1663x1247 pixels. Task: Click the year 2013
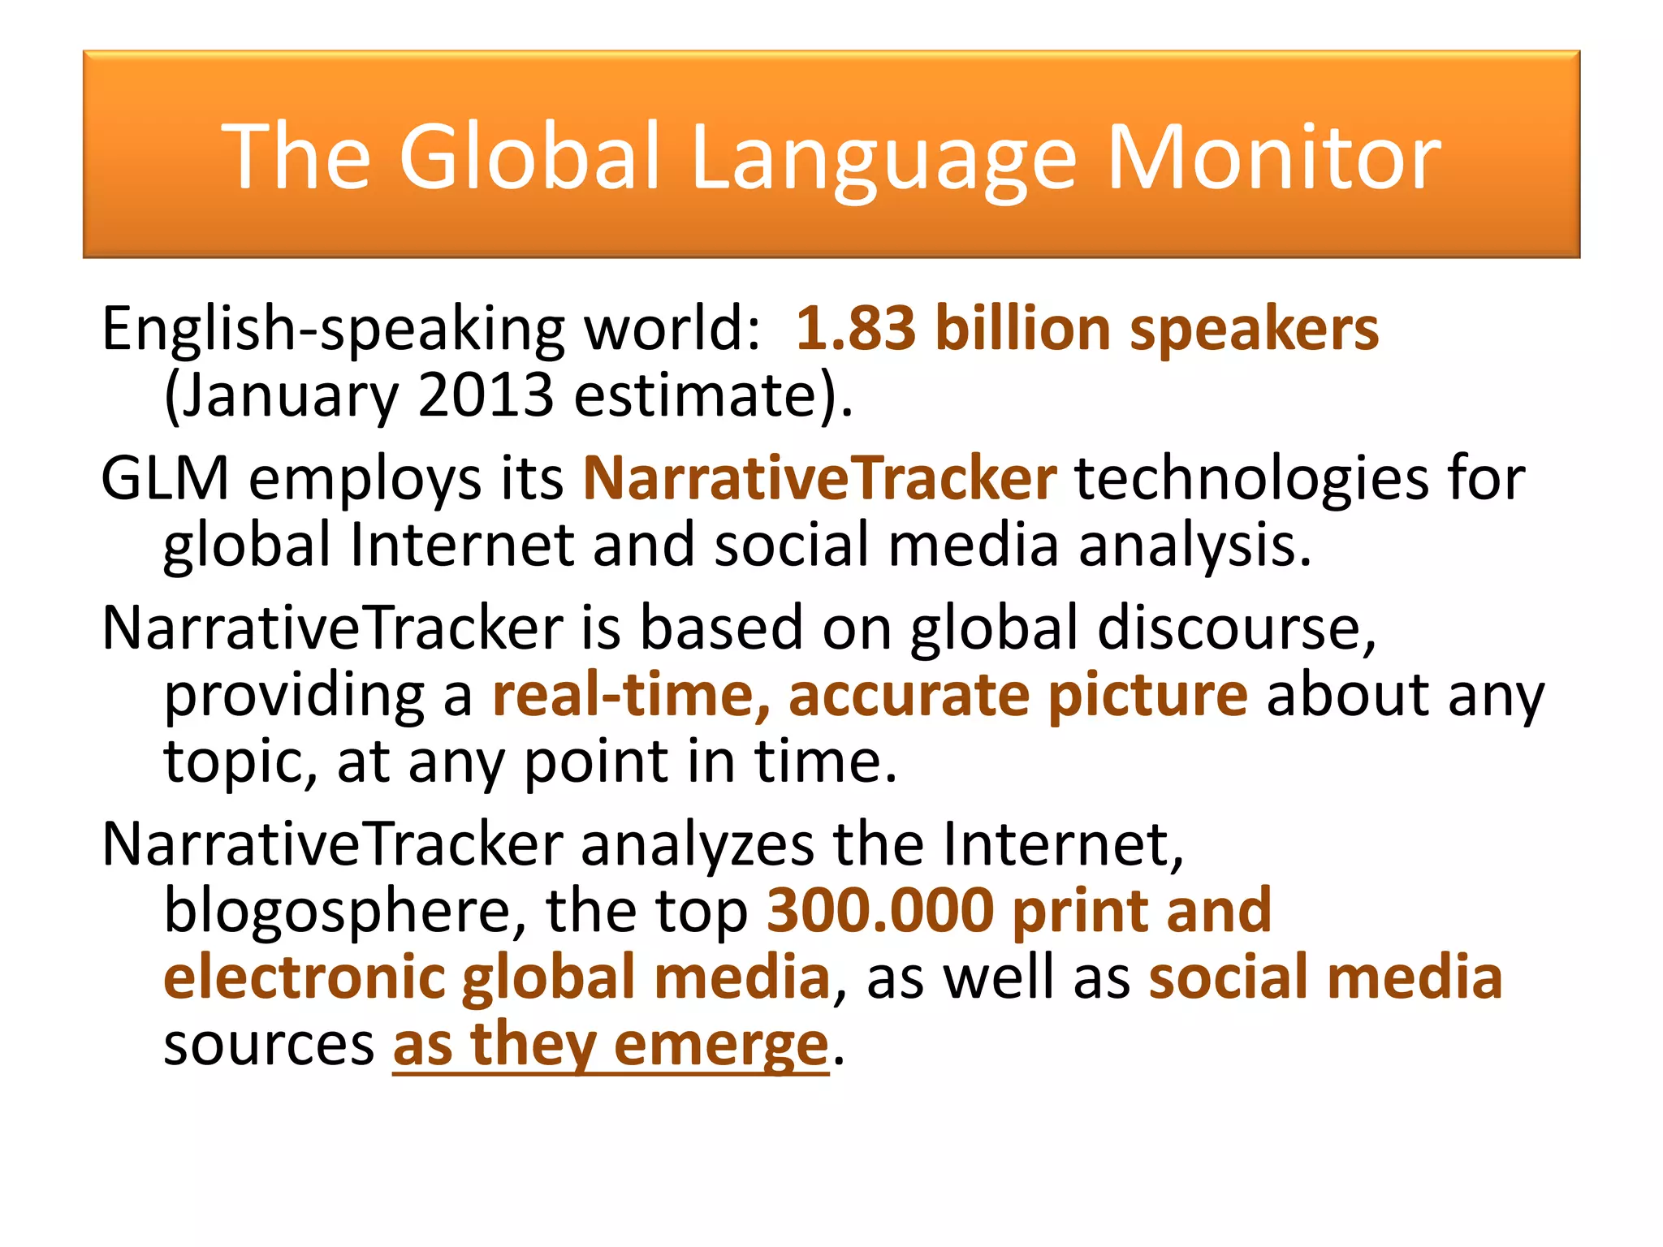tap(486, 396)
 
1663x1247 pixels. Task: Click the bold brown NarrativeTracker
tap(820, 478)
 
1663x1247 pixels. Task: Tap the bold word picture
tap(1147, 697)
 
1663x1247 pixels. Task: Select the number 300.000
tap(880, 911)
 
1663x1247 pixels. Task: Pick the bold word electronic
tap(305, 977)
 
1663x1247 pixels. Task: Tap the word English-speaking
tap(333, 330)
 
